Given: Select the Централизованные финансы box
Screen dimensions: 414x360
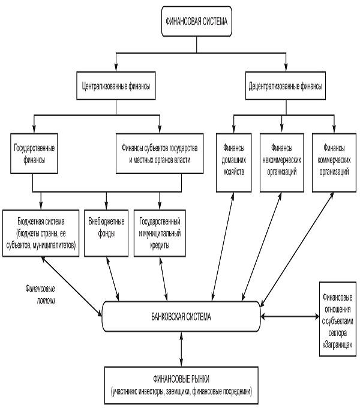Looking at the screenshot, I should pyautogui.click(x=115, y=86).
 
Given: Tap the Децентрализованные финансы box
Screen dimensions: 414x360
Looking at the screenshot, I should pyautogui.click(x=285, y=86).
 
